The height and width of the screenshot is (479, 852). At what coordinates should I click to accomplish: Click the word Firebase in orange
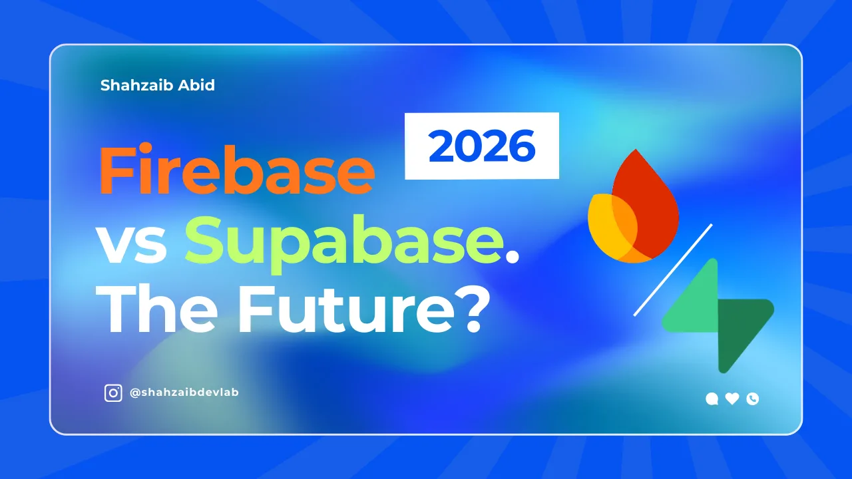tap(236, 171)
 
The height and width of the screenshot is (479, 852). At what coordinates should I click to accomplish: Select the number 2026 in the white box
tap(482, 146)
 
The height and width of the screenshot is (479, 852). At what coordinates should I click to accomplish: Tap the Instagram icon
tap(114, 393)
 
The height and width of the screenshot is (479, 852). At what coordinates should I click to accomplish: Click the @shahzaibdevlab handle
tap(184, 393)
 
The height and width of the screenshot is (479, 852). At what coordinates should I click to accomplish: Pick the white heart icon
tap(732, 399)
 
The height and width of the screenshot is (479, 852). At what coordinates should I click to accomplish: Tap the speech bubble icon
tap(712, 399)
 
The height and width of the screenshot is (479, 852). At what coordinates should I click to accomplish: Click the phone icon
tap(753, 399)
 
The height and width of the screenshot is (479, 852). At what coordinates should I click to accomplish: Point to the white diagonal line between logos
tap(672, 269)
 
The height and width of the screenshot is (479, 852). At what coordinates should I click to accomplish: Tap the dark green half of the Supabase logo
tap(742, 329)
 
